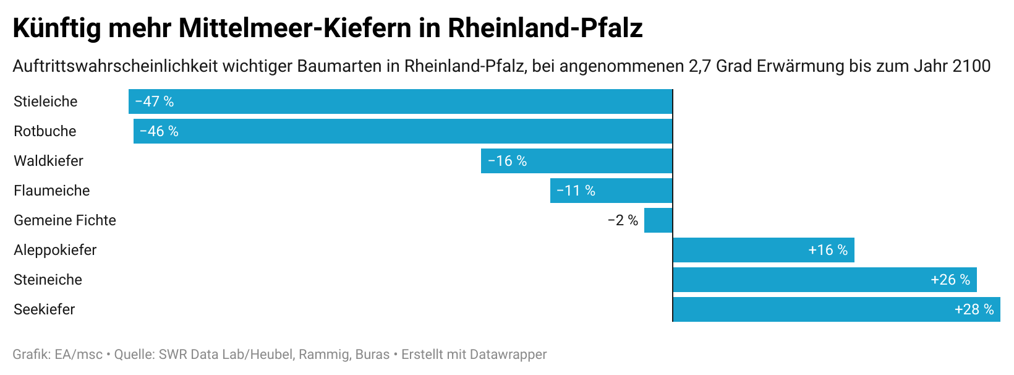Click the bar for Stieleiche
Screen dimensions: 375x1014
(x=400, y=101)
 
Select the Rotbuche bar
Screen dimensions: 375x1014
(x=403, y=131)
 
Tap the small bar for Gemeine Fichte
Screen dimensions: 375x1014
(x=658, y=220)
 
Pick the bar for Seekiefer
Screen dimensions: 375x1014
(x=836, y=309)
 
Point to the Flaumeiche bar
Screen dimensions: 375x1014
(x=611, y=191)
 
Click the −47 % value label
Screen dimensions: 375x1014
(x=155, y=101)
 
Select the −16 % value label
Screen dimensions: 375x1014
(x=508, y=161)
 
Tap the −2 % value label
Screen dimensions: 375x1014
(x=623, y=220)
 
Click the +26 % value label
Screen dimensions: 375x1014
(x=950, y=280)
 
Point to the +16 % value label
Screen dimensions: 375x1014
(x=828, y=250)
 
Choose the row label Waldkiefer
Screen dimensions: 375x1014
(x=48, y=161)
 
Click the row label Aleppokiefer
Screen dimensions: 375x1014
(x=55, y=250)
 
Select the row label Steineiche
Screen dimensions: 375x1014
(x=48, y=280)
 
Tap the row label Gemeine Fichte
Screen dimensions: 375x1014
(x=65, y=220)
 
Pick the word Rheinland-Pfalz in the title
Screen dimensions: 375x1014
(x=545, y=28)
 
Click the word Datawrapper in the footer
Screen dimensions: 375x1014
(x=508, y=355)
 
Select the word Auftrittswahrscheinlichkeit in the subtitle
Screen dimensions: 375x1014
(x=115, y=66)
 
